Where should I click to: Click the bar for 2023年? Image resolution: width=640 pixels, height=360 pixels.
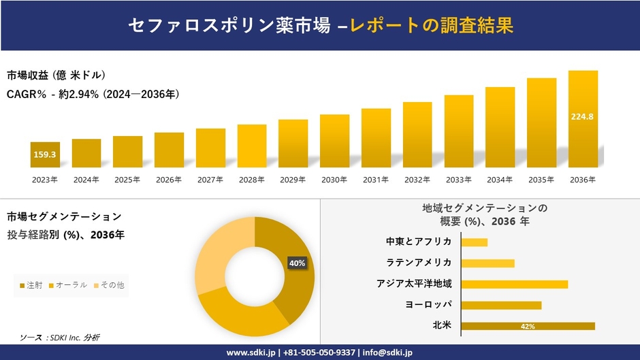tap(45, 154)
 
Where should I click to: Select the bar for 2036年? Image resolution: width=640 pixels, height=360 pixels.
tap(583, 118)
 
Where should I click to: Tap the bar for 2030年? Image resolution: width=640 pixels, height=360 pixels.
tap(334, 141)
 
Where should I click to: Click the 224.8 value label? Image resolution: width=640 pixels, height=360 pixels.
tap(583, 116)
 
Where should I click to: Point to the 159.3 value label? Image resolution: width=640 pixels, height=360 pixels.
tap(45, 154)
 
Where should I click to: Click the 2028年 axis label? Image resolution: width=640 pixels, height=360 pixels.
tap(251, 180)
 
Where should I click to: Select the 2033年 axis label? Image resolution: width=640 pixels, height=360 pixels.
tap(458, 180)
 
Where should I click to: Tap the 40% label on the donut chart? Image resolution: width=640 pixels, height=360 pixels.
tap(297, 263)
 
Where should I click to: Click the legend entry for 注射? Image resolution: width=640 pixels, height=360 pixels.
tap(31, 284)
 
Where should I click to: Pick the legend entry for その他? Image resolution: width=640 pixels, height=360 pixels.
tap(109, 284)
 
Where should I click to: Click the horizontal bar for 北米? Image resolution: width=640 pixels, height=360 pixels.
tap(528, 326)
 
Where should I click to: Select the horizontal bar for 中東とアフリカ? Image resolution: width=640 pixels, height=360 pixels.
tap(475, 242)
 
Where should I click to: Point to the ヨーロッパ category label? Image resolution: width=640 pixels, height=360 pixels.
tap(428, 305)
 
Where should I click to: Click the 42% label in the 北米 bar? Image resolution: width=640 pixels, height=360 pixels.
tap(527, 327)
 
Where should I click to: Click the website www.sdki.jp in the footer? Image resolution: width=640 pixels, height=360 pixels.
tap(251, 353)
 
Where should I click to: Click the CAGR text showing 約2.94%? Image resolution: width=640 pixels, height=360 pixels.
tap(93, 94)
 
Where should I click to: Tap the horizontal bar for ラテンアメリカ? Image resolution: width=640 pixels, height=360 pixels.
tap(487, 263)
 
